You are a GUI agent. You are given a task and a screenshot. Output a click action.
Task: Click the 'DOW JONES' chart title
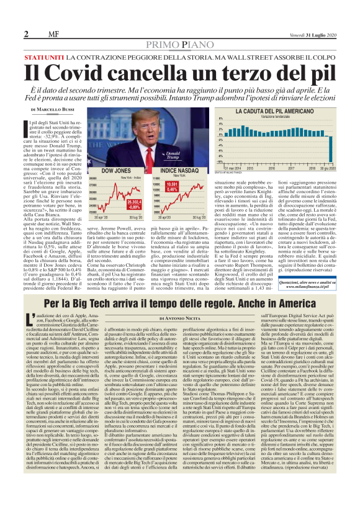tap(114, 169)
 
